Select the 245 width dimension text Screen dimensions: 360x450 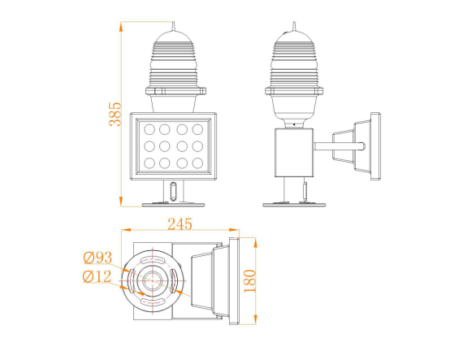tap(181, 221)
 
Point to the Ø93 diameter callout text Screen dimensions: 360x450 tap(97, 258)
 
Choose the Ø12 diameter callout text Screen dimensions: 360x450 tap(97, 276)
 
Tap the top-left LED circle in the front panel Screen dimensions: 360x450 tap(146, 128)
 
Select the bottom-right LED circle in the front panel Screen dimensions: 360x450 tap(199, 163)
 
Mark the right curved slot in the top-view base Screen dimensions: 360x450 tap(172, 280)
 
